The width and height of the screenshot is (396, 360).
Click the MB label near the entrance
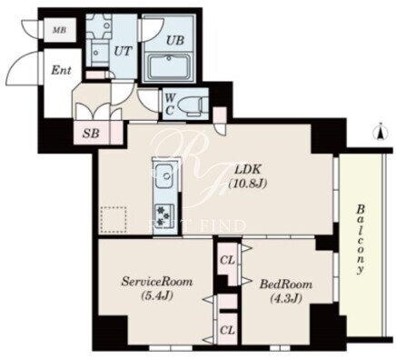(x=60, y=30)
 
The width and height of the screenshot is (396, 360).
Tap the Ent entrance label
(x=61, y=71)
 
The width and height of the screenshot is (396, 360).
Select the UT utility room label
(x=124, y=51)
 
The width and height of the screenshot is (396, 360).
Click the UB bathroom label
(x=175, y=40)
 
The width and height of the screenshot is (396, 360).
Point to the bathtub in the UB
(x=170, y=67)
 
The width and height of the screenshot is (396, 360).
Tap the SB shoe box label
(x=91, y=133)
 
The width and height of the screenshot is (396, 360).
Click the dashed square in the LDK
(x=114, y=220)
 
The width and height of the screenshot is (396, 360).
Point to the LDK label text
(x=248, y=169)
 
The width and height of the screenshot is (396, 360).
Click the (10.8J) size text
(x=248, y=184)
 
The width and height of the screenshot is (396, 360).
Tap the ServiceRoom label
(x=157, y=282)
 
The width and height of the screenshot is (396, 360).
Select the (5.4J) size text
(x=157, y=295)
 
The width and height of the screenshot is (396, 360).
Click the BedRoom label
(x=286, y=285)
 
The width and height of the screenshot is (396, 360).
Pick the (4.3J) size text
(x=286, y=299)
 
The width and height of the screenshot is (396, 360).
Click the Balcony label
(x=361, y=239)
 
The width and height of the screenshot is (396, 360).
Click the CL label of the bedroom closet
(x=227, y=260)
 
